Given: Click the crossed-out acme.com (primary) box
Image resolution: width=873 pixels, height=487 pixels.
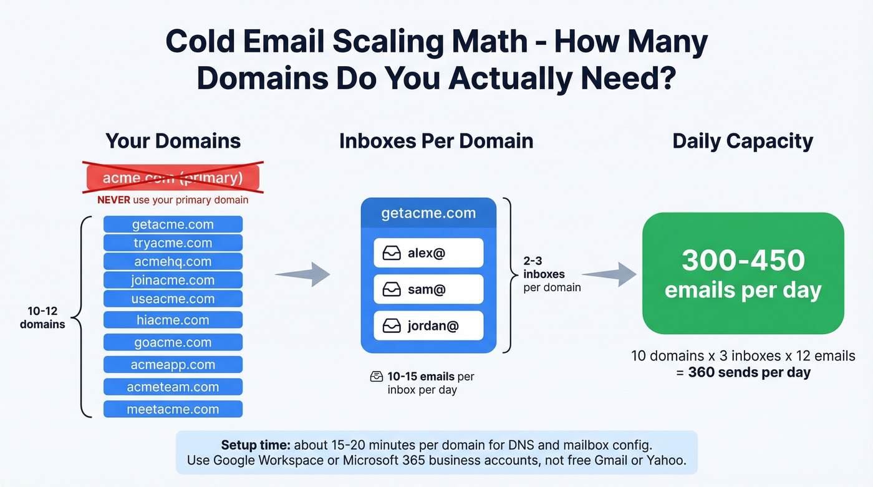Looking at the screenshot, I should [x=173, y=178].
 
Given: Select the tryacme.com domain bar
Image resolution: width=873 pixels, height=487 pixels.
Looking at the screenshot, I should [x=173, y=243].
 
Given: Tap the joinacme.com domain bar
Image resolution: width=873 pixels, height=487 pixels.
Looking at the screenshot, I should [x=173, y=281].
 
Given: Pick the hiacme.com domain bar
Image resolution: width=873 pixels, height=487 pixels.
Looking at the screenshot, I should [x=173, y=321].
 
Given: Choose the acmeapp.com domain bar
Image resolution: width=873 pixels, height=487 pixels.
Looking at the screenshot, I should [x=173, y=365].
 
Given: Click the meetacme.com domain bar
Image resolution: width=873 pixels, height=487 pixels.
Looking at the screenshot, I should [x=173, y=410].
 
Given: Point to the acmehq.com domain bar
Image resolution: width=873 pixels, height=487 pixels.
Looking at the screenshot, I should [x=173, y=262].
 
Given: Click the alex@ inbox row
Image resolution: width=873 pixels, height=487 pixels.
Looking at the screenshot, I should [x=428, y=253].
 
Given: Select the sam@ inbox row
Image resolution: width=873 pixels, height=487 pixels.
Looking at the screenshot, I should [x=428, y=289].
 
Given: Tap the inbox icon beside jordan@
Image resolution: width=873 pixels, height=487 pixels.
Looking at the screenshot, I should [x=392, y=326].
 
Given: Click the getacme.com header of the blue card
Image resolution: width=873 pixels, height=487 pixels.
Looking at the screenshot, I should [x=428, y=213].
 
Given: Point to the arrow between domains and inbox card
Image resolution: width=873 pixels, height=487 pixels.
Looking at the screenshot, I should [x=303, y=274].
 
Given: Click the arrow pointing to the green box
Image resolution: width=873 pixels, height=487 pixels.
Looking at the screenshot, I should [x=609, y=274].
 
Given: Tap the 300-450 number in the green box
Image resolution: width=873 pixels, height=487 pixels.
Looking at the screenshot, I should [x=743, y=261].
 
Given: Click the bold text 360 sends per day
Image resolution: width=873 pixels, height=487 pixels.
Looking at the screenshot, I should [x=749, y=373].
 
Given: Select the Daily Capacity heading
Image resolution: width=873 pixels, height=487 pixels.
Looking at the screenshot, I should [x=742, y=141].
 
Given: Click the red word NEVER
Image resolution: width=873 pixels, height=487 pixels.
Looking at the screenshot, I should [x=113, y=200].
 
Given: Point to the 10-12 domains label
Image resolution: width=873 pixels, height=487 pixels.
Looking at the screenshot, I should [x=42, y=317].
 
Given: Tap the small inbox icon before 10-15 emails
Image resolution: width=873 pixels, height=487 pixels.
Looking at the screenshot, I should [x=377, y=377].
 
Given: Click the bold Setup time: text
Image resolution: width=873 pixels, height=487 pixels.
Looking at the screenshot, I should [x=256, y=445].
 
